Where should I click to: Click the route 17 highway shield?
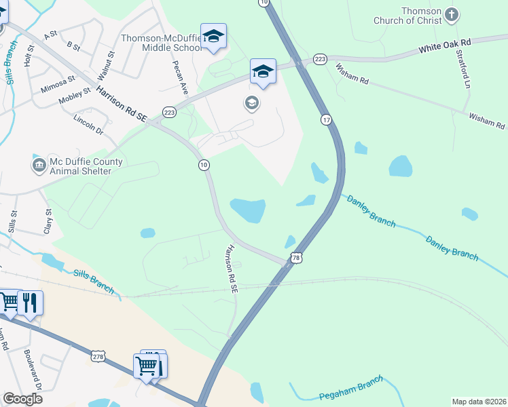[327, 119]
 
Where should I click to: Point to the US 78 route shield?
[295, 257]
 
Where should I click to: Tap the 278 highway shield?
[98, 355]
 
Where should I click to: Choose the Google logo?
[22, 399]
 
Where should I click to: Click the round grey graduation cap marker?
[251, 103]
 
